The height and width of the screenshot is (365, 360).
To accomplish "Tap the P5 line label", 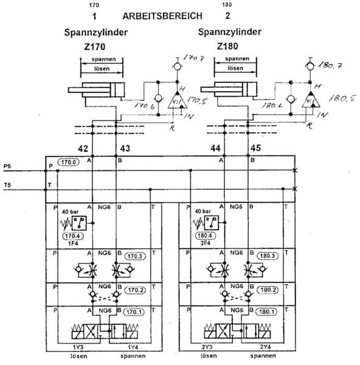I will point(7,166).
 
